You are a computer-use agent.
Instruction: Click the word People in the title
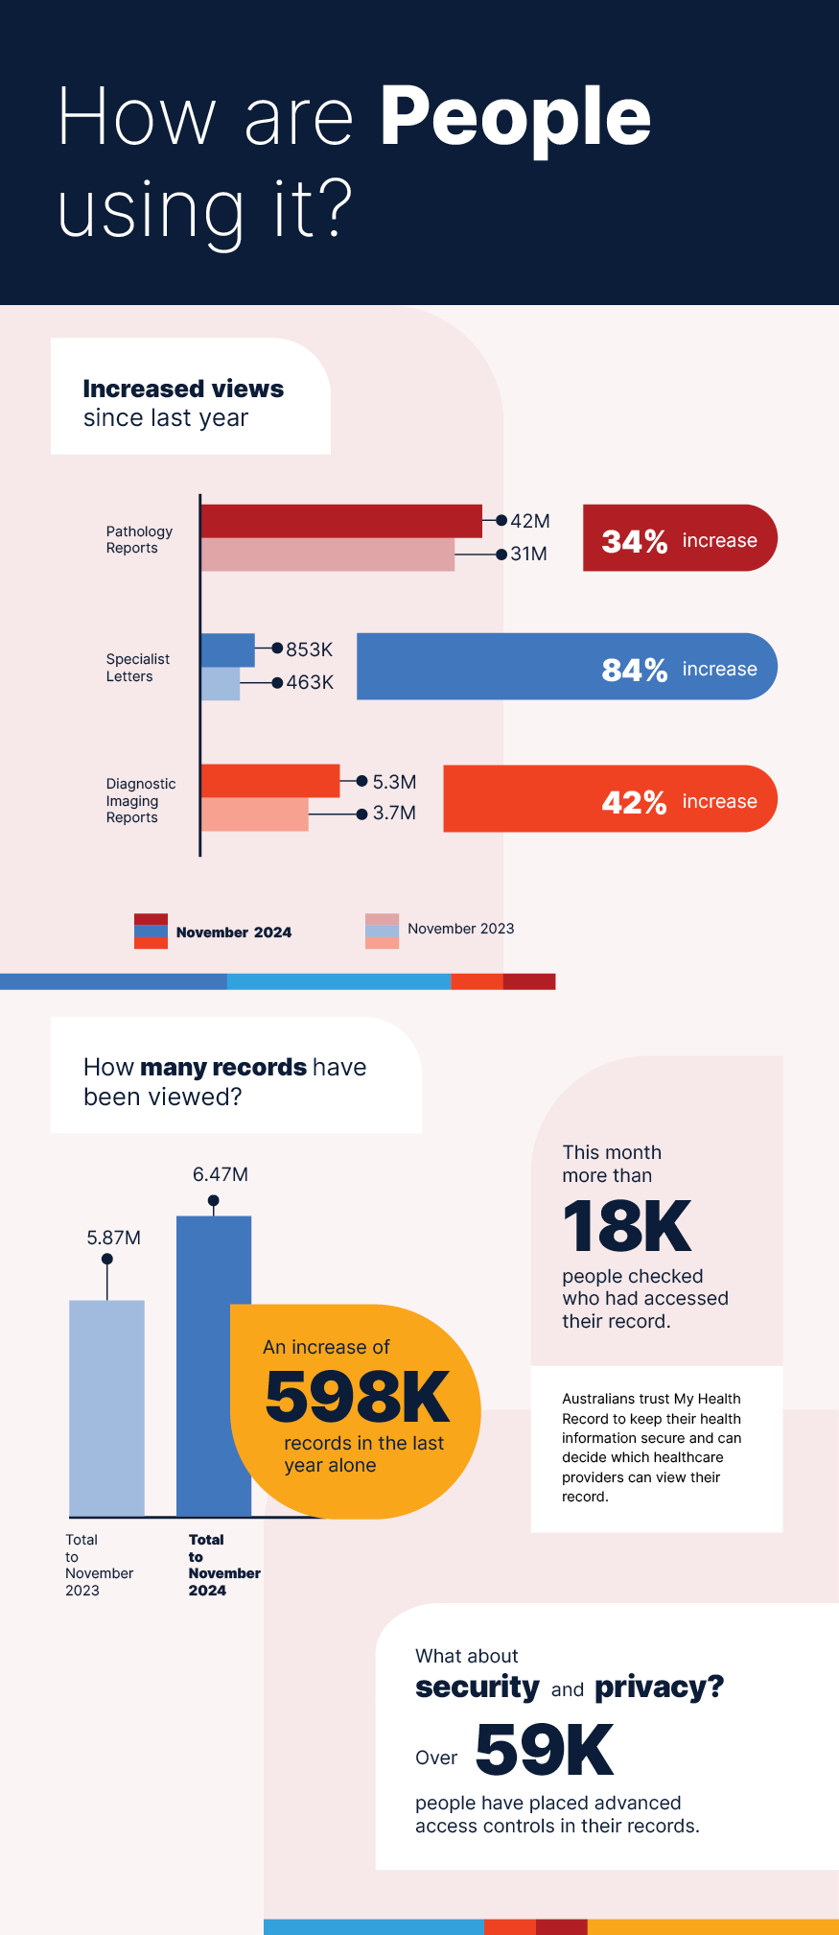pos(515,117)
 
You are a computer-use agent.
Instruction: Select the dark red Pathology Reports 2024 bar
pos(340,521)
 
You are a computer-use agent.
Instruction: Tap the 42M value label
pos(530,521)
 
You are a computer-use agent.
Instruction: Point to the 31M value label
pos(528,554)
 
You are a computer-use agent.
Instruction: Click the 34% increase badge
pos(679,538)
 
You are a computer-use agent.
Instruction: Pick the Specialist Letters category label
pos(137,667)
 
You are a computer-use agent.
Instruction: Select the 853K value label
pos(309,649)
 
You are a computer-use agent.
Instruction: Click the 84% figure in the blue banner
pos(634,669)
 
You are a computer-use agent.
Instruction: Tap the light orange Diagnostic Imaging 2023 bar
pos(254,814)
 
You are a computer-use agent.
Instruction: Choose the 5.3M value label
pos(394,782)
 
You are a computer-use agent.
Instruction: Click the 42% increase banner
pos(610,799)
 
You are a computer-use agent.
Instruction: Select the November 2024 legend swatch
pos(151,931)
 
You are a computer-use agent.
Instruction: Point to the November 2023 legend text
pos(460,929)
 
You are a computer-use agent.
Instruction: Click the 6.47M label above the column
pos(220,1174)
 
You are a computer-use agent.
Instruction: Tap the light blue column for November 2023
pos(106,1407)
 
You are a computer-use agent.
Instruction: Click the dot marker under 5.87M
pos(107,1259)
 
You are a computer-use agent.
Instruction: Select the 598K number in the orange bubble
pos(357,1397)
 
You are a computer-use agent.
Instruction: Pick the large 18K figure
pos(626,1226)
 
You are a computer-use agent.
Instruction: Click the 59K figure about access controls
pos(544,1750)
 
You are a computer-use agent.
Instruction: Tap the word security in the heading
pos(477,1687)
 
